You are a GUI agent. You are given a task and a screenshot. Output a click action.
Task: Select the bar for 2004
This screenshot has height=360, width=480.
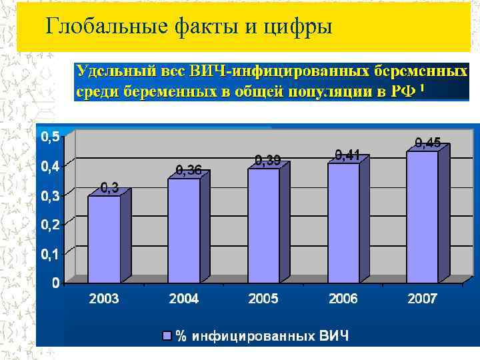pos(184,230)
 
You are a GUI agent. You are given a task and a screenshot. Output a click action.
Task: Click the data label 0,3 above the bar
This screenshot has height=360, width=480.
pos(110,189)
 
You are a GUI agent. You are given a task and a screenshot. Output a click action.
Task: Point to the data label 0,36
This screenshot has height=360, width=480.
pos(189,171)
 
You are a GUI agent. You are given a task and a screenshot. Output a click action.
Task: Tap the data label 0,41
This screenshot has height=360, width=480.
pos(348,155)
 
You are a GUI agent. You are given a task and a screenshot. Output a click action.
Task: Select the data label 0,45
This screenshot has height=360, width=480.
pos(427,142)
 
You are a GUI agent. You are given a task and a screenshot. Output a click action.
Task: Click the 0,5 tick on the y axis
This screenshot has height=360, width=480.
pos(50,137)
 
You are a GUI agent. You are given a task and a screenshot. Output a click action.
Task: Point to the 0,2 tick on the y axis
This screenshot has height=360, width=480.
pos(50,225)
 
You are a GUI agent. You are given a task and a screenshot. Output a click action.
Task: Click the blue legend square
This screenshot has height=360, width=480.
pos(167,335)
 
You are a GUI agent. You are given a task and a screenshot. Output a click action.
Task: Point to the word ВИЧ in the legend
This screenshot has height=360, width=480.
pos(334,335)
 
